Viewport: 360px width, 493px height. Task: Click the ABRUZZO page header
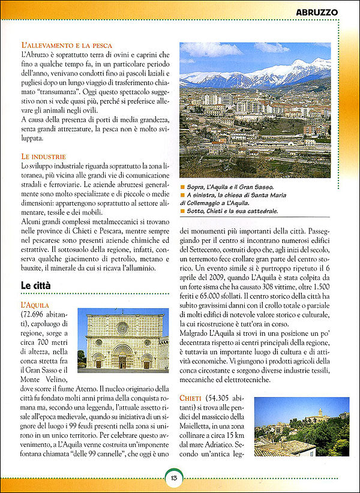pyautogui.click(x=317, y=11)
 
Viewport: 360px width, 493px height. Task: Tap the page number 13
pyautogui.click(x=173, y=477)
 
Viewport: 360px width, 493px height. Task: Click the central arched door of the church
pyautogui.click(x=122, y=362)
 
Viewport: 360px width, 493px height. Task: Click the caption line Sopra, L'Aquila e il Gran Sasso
pyautogui.click(x=230, y=187)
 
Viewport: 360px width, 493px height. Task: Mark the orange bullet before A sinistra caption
pyautogui.click(x=182, y=196)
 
